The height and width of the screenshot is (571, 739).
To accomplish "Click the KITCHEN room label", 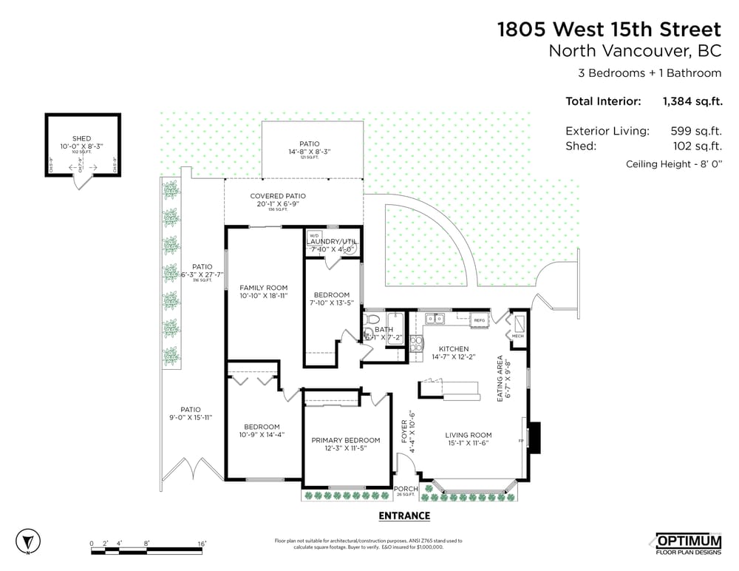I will click(454, 349).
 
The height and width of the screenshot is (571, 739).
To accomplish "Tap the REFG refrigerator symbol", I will click(479, 320).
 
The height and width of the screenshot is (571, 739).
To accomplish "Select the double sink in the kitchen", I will click(435, 320).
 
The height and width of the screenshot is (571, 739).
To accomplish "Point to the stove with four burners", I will click(416, 342).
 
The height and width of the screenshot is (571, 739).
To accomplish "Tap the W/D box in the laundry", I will click(313, 236).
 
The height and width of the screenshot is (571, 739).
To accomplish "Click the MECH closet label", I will click(518, 336).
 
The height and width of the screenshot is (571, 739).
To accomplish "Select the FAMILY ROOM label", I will click(264, 288).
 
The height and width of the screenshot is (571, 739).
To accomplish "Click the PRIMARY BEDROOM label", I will click(346, 440).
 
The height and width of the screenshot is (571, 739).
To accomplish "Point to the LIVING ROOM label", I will click(469, 435).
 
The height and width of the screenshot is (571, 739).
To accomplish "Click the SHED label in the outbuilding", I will click(81, 138).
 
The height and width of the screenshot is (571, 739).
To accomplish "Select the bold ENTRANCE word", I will click(404, 516).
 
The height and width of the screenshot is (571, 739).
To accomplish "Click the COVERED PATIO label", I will click(278, 196).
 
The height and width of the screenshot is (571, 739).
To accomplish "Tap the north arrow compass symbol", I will click(28, 538).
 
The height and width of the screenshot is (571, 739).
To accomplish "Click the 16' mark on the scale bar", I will click(202, 544).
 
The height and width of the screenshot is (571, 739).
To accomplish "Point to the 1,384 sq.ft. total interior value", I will click(692, 101).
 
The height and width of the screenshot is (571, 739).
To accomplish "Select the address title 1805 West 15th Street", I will click(608, 30).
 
